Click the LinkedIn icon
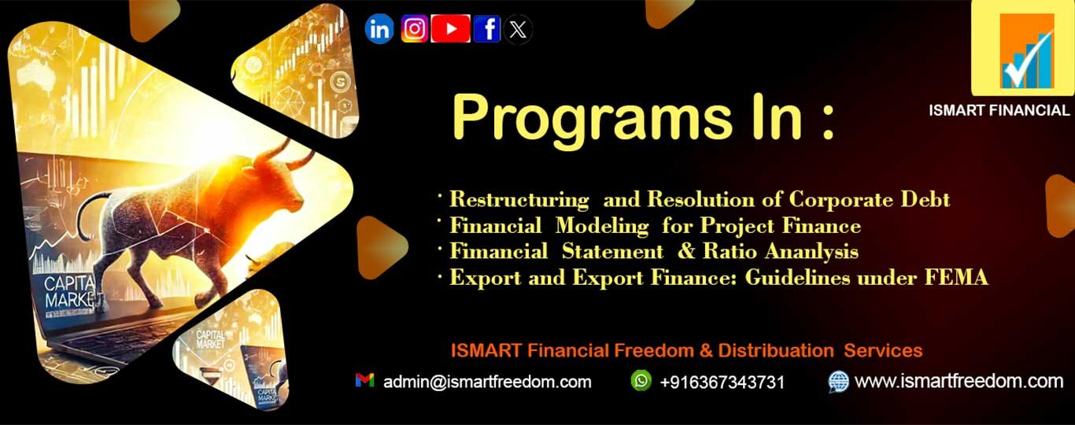pos(379,29)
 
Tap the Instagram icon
pos(415,29)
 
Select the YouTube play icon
pos(450,29)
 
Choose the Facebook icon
pos(487,29)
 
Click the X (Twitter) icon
pos(517,29)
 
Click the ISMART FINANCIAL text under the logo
pos(999,111)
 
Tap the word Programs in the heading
pos(590,118)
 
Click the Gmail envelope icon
pos(364,380)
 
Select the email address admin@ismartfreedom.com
pos(487,382)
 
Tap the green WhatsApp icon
pos(641,380)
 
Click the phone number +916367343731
pos(722,382)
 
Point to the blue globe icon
pos(838,382)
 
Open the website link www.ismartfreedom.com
pos(959,382)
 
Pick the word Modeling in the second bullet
pos(602,227)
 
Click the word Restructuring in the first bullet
pos(519,200)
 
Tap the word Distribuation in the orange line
pos(776,351)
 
